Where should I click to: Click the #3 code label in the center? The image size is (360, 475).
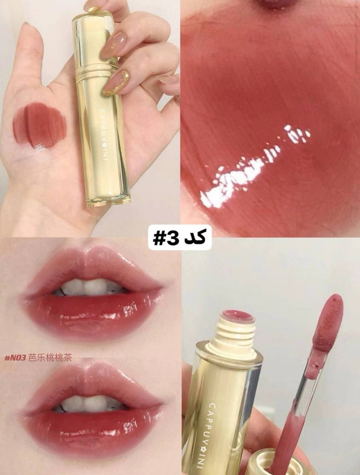pyautogui.click(x=179, y=239)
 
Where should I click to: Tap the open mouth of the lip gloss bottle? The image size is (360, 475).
pyautogui.click(x=237, y=316)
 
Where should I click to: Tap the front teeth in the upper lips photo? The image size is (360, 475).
pyautogui.click(x=87, y=287)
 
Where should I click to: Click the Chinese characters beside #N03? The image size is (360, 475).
pyautogui.click(x=50, y=358)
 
